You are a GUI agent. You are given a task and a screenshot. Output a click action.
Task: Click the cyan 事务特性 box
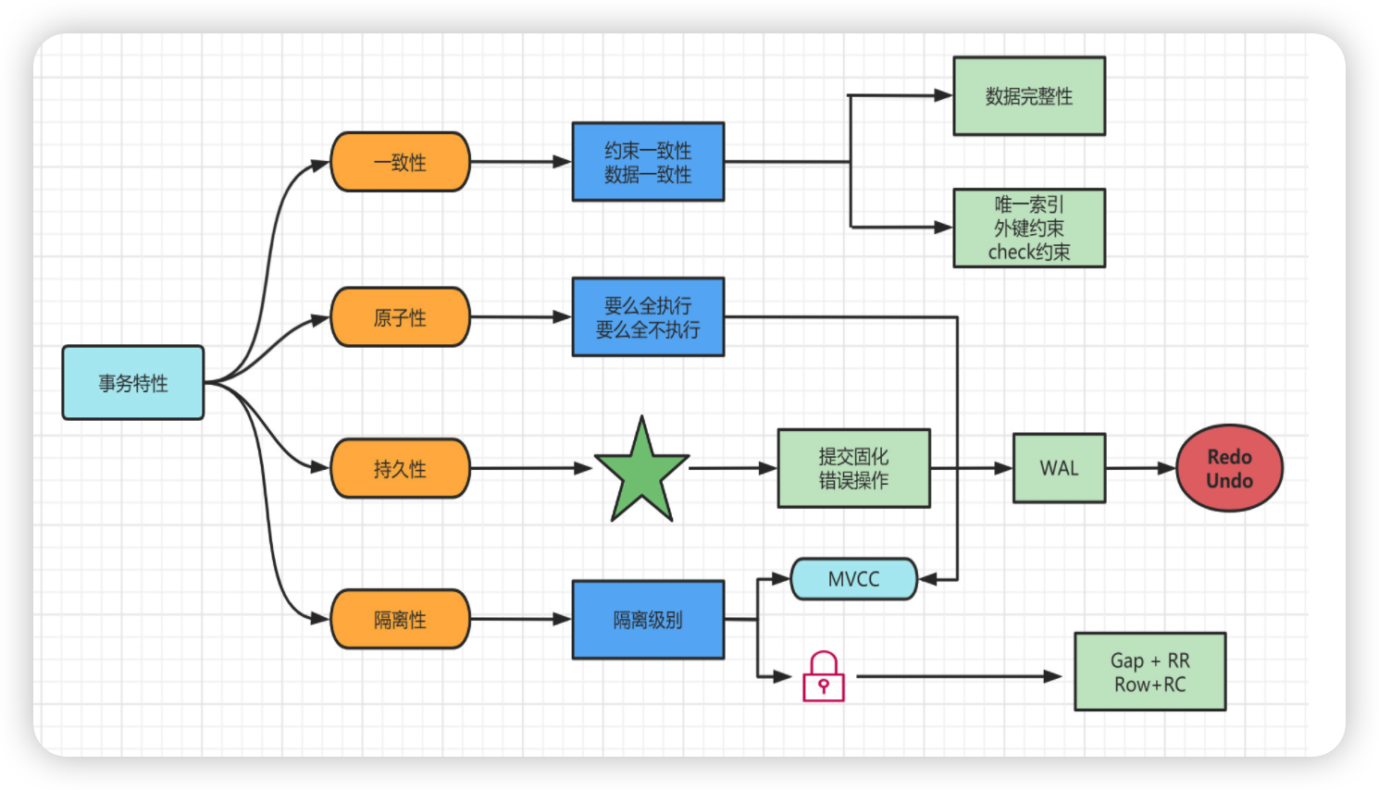[x=133, y=383]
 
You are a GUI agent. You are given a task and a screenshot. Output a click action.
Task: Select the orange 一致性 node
[x=400, y=162]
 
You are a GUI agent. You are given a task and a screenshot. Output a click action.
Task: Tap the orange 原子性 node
[x=400, y=317]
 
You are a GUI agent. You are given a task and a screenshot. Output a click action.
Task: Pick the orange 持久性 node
[x=400, y=468]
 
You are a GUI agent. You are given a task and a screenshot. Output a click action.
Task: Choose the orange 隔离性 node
[x=400, y=619]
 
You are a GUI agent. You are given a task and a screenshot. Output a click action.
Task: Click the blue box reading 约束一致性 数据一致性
[x=648, y=162]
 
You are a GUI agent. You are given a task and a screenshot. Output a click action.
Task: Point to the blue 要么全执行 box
[x=648, y=317]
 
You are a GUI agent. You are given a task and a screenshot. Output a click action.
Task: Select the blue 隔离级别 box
[x=648, y=620]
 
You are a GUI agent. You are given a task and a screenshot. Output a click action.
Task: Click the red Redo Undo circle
[x=1229, y=468]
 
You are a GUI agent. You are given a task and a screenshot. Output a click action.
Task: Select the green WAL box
[x=1060, y=468]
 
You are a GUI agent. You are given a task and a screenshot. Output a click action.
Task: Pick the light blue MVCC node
[x=854, y=579]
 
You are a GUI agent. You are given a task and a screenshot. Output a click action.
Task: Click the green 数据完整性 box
[x=1029, y=96]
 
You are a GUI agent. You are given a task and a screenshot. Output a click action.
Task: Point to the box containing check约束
[x=1029, y=228]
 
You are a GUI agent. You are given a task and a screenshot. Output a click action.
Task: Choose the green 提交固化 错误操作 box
[x=854, y=468]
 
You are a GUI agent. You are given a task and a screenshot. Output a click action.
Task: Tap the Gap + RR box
[x=1150, y=672]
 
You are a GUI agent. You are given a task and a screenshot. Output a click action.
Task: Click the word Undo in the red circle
[x=1229, y=480]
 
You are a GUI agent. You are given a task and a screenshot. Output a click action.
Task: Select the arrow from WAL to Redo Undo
[x=1141, y=468]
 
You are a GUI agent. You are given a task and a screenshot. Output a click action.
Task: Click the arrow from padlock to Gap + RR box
[x=959, y=677]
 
